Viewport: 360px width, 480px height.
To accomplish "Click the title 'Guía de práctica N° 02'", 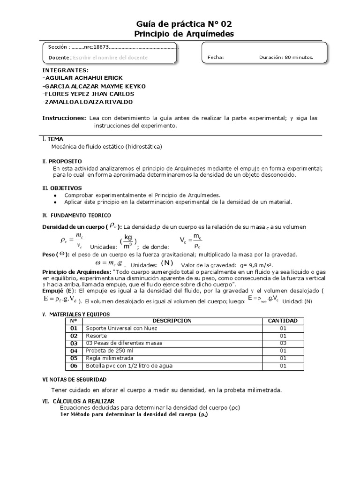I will click(183, 23).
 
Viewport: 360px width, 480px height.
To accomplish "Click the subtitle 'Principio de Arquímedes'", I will click(183, 34).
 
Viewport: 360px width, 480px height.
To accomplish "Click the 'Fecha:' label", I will click(216, 58).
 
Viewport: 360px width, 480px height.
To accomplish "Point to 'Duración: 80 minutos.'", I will click(286, 58).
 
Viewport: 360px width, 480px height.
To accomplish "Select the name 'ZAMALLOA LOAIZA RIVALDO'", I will click(87, 102).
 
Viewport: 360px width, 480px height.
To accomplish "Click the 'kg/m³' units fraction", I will click(128, 242).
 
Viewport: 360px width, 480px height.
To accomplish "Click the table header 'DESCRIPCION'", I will click(172, 321).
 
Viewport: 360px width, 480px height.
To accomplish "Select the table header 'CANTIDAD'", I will click(282, 321).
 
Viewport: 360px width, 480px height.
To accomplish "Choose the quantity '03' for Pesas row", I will click(283, 343).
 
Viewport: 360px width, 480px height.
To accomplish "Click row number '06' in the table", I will click(74, 366).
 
